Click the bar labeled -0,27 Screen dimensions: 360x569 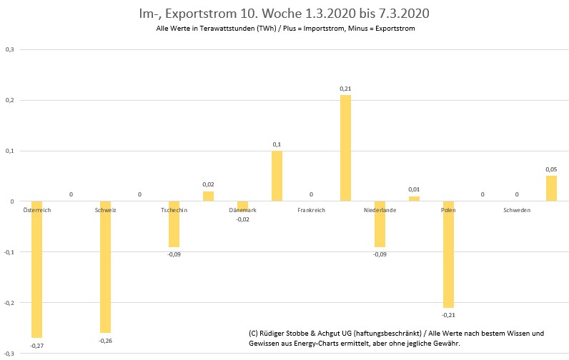pyautogui.click(x=36, y=269)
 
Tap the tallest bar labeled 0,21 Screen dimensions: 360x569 pyautogui.click(x=345, y=148)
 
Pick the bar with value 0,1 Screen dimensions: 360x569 pyautogui.click(x=277, y=176)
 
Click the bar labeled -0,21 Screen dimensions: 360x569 pyautogui.click(x=448, y=254)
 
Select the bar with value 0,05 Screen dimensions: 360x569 pyautogui.click(x=551, y=189)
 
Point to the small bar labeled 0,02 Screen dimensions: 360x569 pyautogui.click(x=208, y=196)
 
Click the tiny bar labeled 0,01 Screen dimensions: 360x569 pyautogui.click(x=414, y=199)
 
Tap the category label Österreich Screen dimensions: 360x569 pyautogui.click(x=36, y=211)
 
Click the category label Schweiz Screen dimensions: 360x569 pyautogui.click(x=105, y=211)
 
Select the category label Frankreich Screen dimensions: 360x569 pyautogui.click(x=311, y=211)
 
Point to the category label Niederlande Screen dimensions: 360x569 pyautogui.click(x=380, y=211)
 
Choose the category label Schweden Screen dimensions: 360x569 pyautogui.click(x=517, y=211)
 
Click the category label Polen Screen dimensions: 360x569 pyautogui.click(x=448, y=211)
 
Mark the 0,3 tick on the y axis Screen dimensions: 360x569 pyautogui.click(x=10, y=49)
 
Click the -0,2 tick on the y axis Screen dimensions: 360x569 pyautogui.click(x=9, y=303)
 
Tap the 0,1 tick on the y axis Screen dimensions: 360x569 pyautogui.click(x=10, y=151)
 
